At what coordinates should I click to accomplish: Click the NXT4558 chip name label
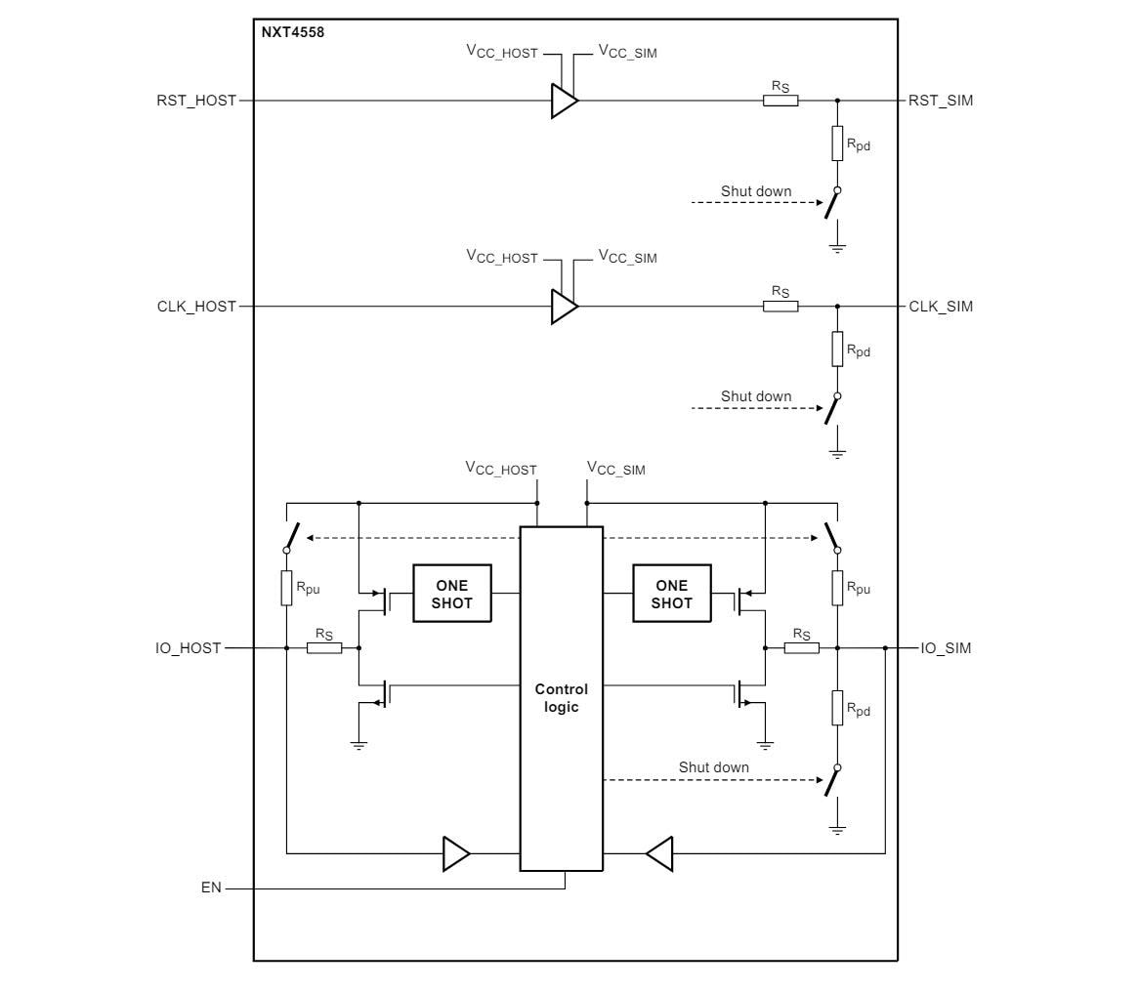[x=292, y=32]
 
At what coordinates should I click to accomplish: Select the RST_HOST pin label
[x=196, y=100]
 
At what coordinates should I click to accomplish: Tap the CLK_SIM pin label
[x=940, y=306]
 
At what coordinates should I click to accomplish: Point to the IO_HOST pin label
[x=188, y=647]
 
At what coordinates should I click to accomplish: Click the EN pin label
[x=211, y=888]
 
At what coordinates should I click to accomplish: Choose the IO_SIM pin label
[x=946, y=647]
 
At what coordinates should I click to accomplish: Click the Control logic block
[x=561, y=698]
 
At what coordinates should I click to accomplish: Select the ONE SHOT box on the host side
[x=451, y=594]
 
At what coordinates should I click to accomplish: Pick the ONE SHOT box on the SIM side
[x=671, y=594]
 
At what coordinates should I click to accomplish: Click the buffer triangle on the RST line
[x=564, y=101]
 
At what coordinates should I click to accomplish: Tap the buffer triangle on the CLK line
[x=564, y=307]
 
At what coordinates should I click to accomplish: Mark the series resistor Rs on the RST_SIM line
[x=780, y=100]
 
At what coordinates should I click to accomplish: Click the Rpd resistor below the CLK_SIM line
[x=837, y=349]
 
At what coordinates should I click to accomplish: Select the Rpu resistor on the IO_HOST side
[x=286, y=588]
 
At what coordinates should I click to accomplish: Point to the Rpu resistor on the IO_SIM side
[x=837, y=588]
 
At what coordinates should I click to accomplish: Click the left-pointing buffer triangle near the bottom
[x=659, y=853]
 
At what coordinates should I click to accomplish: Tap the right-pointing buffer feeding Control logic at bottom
[x=456, y=853]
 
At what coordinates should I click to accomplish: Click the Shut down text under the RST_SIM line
[x=756, y=190]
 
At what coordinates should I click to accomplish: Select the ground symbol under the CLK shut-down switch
[x=837, y=454]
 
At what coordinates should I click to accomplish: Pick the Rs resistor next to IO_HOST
[x=324, y=647]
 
